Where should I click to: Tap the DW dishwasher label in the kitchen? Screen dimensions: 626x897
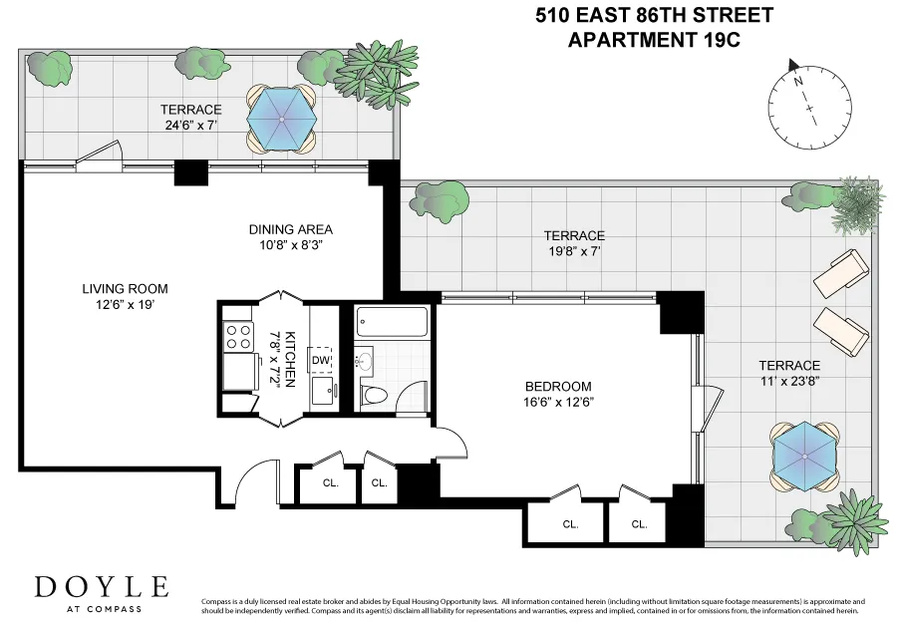[x=321, y=360]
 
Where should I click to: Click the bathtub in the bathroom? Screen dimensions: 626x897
[x=392, y=322]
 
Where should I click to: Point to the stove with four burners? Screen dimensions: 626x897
[x=237, y=336]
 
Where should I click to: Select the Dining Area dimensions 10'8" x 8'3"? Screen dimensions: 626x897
[x=290, y=244]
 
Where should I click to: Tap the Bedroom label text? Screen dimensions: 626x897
[x=558, y=387]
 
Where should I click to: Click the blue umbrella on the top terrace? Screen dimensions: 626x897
[x=281, y=117]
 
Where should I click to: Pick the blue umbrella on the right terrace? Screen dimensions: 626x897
[x=802, y=455]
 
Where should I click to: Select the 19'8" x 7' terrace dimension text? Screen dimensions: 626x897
[x=574, y=251]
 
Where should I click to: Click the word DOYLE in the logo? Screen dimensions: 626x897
[x=102, y=586]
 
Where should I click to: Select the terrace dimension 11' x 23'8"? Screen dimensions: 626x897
[x=789, y=382]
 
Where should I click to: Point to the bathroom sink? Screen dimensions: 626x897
[x=365, y=360]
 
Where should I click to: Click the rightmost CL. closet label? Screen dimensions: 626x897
[x=639, y=523]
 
